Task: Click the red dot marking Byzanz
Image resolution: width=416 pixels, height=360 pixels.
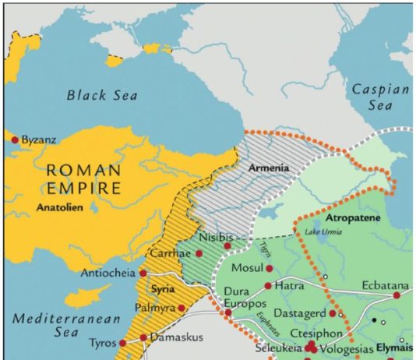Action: pos(14,140)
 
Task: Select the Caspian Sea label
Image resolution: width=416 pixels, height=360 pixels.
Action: pos(380,97)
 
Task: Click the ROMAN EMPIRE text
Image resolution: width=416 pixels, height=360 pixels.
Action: pos(83,178)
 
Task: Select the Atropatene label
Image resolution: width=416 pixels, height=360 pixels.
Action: pos(352,220)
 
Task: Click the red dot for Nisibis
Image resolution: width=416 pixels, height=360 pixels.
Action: pos(227,246)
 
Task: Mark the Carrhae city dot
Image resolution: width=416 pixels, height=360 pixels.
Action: pos(199,254)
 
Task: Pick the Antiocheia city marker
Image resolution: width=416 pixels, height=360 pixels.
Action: pos(143,274)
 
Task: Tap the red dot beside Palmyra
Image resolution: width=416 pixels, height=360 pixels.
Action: pos(182,308)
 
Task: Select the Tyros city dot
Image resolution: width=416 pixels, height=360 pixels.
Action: pos(122,343)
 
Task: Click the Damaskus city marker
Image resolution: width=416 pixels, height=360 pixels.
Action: pos(143,338)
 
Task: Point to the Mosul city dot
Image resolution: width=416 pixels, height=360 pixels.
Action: pos(269,266)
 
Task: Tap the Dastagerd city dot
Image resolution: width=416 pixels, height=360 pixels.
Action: pos(333,313)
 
